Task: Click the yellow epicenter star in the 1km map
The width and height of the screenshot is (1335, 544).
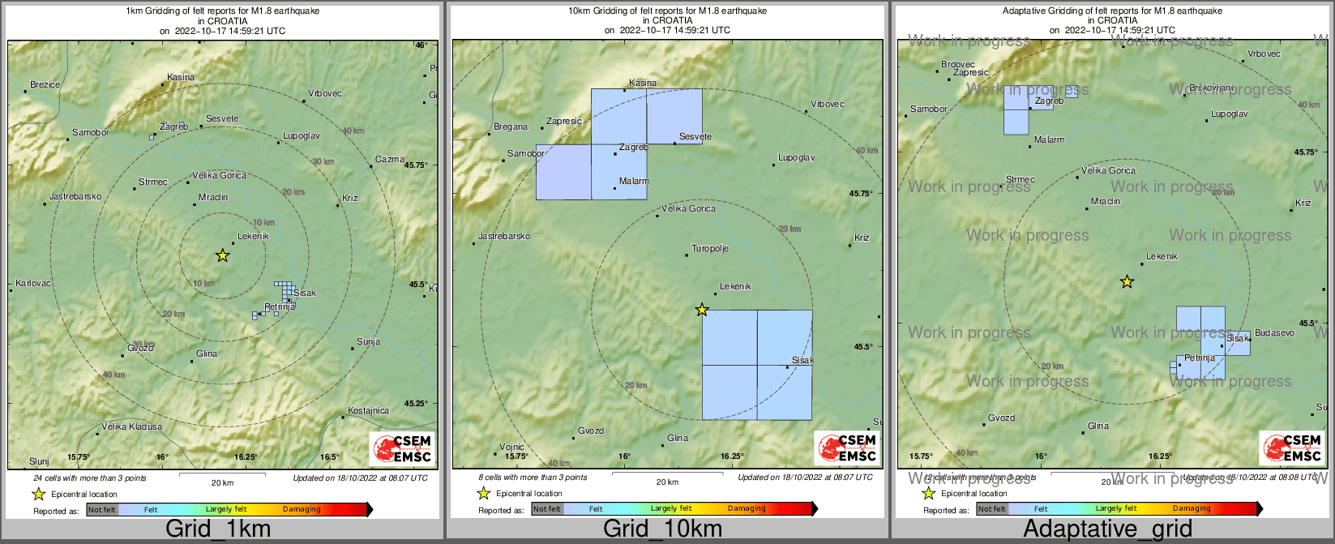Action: pos(222,255)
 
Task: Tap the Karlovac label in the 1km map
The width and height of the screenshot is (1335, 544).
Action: pos(33,284)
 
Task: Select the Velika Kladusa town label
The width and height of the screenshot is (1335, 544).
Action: pos(131,426)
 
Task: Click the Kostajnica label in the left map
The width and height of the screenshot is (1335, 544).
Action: pos(368,410)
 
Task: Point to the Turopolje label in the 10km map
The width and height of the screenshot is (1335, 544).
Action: pos(710,249)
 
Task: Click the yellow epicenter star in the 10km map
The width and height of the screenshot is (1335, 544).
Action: pos(702,310)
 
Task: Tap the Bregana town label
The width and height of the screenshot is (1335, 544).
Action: pos(511,126)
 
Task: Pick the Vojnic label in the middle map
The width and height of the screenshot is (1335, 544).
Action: pos(511,447)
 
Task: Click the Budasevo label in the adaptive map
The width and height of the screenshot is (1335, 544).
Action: pos(1274,333)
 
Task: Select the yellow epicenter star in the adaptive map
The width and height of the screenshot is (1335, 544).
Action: pos(1127,281)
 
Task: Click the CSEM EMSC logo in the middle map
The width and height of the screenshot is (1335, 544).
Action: pos(846,448)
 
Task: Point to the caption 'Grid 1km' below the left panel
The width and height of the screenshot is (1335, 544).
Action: pos(218,529)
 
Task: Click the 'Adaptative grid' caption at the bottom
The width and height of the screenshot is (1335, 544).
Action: pos(1107,529)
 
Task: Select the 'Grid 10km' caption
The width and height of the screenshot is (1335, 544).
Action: pos(662,529)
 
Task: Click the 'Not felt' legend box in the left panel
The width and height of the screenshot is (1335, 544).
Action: pos(102,510)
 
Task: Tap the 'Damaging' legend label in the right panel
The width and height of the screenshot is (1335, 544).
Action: pos(1192,509)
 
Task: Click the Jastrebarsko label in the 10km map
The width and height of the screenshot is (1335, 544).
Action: pos(504,236)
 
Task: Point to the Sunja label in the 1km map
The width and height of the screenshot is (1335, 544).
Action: pos(368,341)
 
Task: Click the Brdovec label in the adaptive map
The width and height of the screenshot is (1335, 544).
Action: pos(958,64)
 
